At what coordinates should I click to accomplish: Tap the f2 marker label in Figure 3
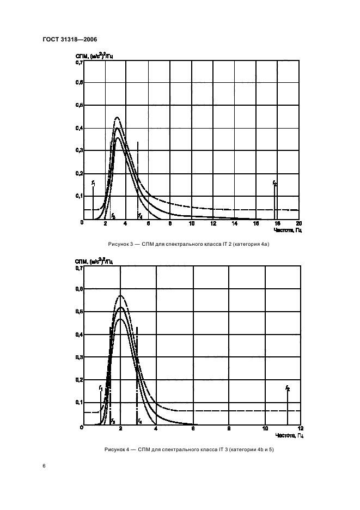click(275, 184)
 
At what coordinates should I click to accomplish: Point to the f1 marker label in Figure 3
click(93, 183)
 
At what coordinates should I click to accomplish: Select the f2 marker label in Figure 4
click(288, 388)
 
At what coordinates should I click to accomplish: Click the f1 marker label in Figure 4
click(101, 387)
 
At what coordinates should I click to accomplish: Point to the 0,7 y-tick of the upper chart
click(78, 63)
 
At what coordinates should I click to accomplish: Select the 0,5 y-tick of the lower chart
click(78, 312)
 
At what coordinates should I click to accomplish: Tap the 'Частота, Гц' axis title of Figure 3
click(289, 230)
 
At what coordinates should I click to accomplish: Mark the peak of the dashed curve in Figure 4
click(120, 296)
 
